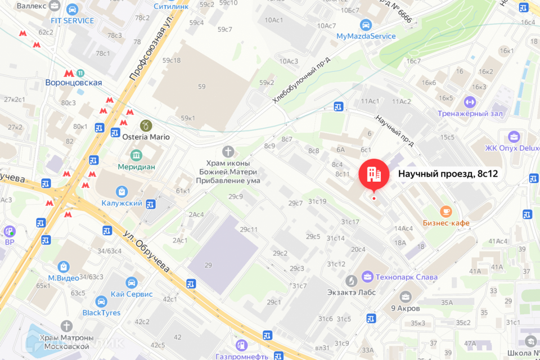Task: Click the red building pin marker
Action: coord(373,174)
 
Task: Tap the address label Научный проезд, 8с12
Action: coord(448,174)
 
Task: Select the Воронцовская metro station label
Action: coord(74,83)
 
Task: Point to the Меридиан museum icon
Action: coord(136,155)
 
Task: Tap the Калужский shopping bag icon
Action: coord(120,192)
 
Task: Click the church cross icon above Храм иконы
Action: coord(228,151)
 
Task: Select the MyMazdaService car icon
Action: coord(366,25)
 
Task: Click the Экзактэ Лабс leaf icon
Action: coord(352,280)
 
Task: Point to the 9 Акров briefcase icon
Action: coord(405,296)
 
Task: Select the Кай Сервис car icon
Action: coord(132,282)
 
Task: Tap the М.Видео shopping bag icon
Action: coord(63,266)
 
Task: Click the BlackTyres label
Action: coord(101,313)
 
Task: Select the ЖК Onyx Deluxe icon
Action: coord(514,137)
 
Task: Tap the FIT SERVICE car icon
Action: coord(72,10)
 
